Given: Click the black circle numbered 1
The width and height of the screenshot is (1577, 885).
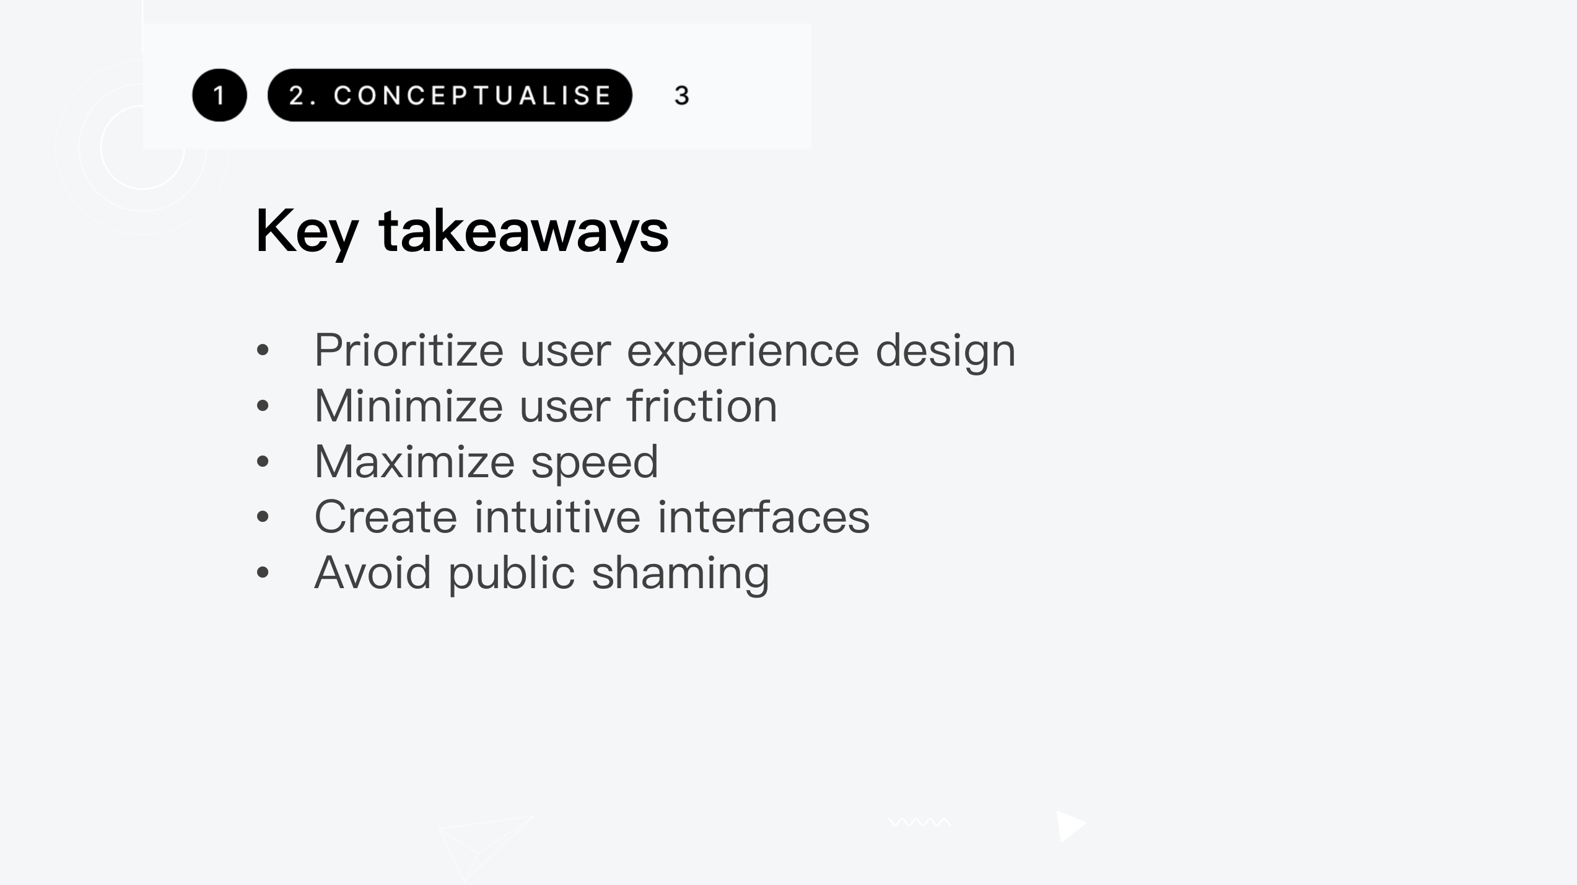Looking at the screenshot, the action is (219, 95).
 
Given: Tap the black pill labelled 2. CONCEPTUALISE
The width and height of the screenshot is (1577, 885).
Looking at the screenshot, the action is (450, 95).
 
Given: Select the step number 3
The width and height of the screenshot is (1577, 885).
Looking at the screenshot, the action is (681, 95).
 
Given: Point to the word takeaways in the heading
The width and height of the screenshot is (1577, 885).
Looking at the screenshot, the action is (524, 231).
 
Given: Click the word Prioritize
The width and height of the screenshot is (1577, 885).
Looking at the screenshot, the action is (409, 350).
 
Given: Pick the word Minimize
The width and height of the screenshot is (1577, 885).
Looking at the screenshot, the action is (409, 406).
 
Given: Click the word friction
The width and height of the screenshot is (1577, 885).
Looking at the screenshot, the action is (702, 406).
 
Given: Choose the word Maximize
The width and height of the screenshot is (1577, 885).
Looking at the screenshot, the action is (414, 462).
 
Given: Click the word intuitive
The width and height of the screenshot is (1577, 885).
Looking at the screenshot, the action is (557, 517).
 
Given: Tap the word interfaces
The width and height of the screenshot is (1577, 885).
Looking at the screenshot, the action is (763, 517).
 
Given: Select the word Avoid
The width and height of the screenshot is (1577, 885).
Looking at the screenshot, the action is (372, 573).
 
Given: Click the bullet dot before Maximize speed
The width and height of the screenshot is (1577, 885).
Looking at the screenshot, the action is (263, 462).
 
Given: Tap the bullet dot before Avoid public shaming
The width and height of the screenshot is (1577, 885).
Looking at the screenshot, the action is (263, 573).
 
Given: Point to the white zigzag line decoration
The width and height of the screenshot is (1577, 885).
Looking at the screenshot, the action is (919, 822).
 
